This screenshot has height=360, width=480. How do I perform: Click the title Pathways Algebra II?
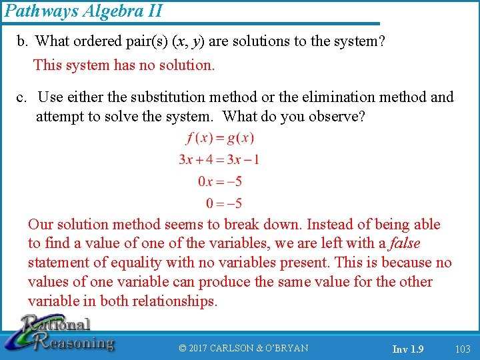(x=83, y=11)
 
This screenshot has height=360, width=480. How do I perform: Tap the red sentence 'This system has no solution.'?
(x=124, y=65)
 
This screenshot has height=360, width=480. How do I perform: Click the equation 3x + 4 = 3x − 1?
(x=219, y=159)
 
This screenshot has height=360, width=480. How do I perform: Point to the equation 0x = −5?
(x=220, y=181)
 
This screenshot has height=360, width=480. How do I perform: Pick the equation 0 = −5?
(x=224, y=203)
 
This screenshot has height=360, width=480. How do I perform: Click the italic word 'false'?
(x=405, y=243)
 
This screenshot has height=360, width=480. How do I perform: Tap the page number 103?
(x=462, y=349)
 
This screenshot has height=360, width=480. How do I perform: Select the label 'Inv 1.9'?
(x=408, y=349)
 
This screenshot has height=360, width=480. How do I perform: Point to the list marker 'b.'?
(x=23, y=41)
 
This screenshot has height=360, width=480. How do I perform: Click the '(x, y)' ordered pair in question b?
(x=188, y=41)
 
